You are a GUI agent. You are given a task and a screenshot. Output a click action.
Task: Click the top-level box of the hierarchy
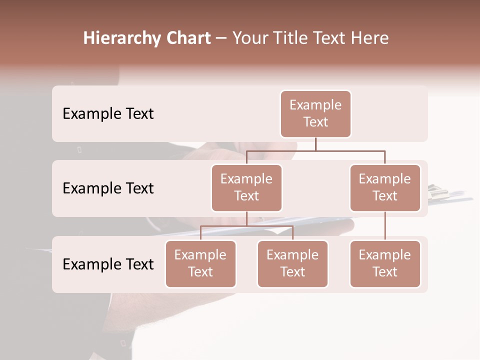click(x=315, y=113)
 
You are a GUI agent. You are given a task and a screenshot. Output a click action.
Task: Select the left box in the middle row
click(x=246, y=187)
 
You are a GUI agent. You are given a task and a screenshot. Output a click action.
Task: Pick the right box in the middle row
click(x=385, y=187)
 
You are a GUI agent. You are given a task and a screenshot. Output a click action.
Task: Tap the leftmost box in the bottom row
click(x=200, y=263)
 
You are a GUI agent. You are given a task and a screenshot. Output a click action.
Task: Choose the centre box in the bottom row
click(x=292, y=263)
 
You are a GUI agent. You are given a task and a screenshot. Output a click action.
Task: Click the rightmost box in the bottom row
click(x=385, y=263)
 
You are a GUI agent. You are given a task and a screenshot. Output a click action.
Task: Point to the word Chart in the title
click(x=186, y=38)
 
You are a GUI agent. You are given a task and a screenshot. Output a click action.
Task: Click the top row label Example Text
click(x=108, y=113)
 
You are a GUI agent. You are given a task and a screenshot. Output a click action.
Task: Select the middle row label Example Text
click(x=108, y=188)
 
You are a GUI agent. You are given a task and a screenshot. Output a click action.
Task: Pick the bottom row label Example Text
click(x=108, y=264)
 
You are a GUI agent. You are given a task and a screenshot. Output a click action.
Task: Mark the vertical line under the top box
click(x=315, y=144)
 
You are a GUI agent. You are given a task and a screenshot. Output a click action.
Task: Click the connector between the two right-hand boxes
click(x=385, y=226)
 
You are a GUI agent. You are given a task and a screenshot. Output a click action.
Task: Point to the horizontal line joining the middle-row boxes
click(x=315, y=150)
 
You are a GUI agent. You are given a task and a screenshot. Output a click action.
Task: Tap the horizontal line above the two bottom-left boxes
click(x=246, y=226)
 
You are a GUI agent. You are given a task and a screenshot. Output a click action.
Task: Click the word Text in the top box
click(x=315, y=122)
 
